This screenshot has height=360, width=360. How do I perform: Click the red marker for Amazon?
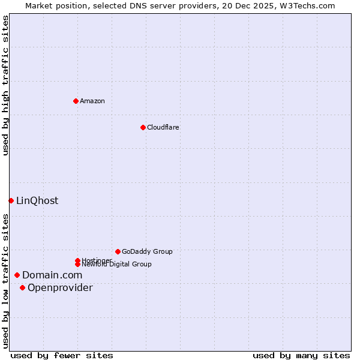pyautogui.click(x=76, y=101)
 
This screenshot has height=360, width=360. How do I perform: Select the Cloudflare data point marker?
pyautogui.click(x=143, y=127)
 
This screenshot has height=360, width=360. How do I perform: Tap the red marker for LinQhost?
pyautogui.click(x=11, y=200)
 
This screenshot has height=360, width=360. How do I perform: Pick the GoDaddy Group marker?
pyautogui.click(x=118, y=251)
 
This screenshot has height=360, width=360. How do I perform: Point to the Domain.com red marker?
pyautogui.click(x=17, y=275)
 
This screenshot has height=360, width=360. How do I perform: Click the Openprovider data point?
pyautogui.click(x=22, y=287)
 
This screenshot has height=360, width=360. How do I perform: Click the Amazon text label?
pyautogui.click(x=92, y=101)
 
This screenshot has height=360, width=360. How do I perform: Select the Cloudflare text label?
pyautogui.click(x=163, y=127)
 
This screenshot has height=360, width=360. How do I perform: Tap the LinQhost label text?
pyautogui.click(x=37, y=200)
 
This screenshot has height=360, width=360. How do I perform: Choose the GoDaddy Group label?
pyautogui.click(x=147, y=251)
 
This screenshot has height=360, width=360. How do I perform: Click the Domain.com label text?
pyautogui.click(x=52, y=275)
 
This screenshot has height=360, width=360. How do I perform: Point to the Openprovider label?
pyautogui.click(x=60, y=287)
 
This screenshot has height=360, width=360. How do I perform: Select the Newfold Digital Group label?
pyautogui.click(x=116, y=264)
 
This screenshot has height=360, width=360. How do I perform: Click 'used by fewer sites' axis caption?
pyautogui.click(x=62, y=355)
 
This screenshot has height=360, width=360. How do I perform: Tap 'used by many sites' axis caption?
pyautogui.click(x=301, y=355)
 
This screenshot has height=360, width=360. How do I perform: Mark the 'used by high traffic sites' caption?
pyautogui.click(x=5, y=85)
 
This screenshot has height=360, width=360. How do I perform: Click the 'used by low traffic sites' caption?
pyautogui.click(x=5, y=281)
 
